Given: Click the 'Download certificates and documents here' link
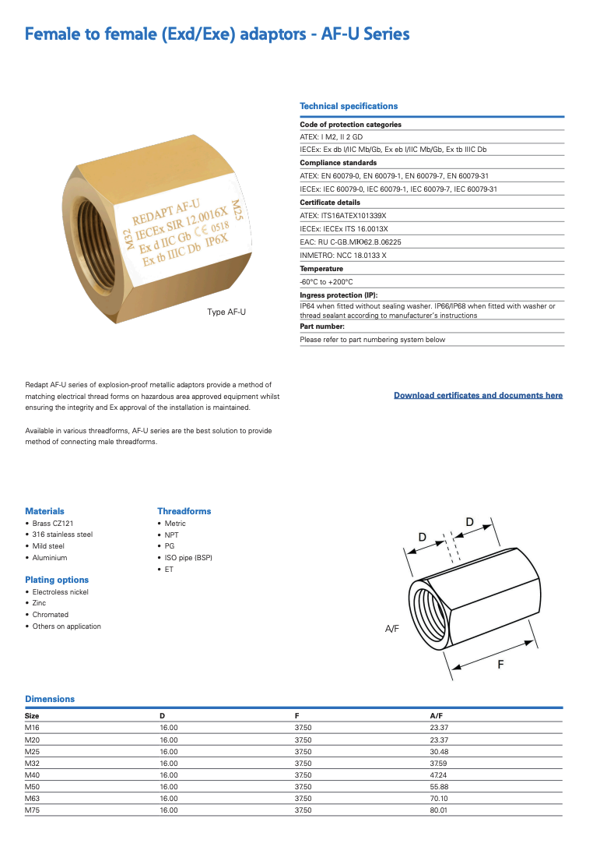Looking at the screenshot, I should [x=478, y=396].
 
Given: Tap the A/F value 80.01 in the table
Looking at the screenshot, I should [x=439, y=810].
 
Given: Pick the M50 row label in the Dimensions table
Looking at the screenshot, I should [x=33, y=787].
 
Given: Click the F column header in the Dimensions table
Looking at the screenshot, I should [x=297, y=715].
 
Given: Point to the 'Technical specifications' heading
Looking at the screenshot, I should [x=349, y=106].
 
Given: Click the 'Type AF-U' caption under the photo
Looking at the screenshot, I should [x=226, y=312].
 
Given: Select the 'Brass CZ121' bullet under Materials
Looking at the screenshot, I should [x=53, y=524].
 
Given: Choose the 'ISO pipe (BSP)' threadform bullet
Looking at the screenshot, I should [x=188, y=558].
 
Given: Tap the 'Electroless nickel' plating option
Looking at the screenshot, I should [x=61, y=592].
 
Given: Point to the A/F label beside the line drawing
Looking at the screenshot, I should [x=392, y=628].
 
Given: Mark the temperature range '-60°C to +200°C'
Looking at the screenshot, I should [x=326, y=282].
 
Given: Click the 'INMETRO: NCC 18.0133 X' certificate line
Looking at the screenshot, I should [x=343, y=256].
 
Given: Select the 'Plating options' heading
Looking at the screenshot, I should [x=57, y=580].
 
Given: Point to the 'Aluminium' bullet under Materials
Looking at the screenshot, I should [x=50, y=558].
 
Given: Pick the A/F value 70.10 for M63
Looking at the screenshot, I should [x=439, y=799].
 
